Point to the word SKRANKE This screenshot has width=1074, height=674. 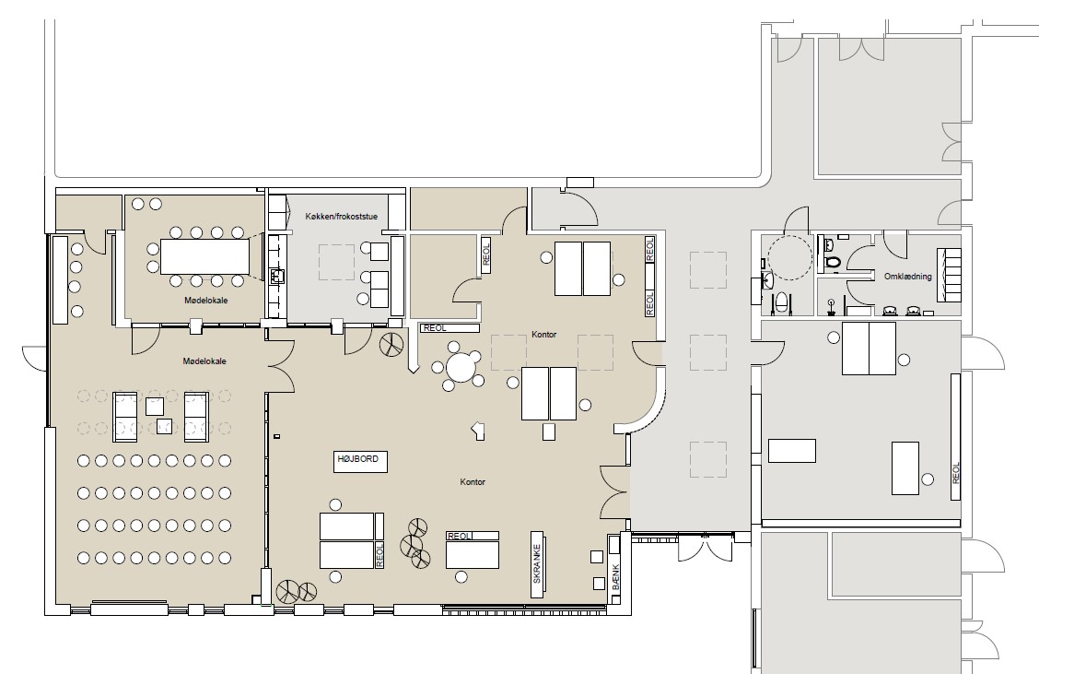[x=537, y=563]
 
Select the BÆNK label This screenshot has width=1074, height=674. [x=615, y=577]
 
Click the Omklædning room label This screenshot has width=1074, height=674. [x=907, y=277]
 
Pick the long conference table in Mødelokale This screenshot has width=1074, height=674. [x=204, y=256]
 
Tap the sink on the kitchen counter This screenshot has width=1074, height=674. [x=277, y=276]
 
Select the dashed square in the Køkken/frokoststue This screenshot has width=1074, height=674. [x=336, y=262]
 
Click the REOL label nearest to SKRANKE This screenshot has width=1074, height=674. [x=459, y=537]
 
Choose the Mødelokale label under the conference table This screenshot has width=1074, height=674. [x=205, y=301]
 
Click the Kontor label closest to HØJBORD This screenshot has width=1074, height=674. [x=473, y=482]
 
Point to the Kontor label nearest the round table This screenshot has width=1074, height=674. [x=543, y=335]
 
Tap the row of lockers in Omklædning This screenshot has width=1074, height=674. [x=949, y=275]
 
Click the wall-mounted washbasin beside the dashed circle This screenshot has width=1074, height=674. [x=766, y=281]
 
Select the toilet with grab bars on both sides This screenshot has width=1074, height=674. [x=782, y=302]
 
